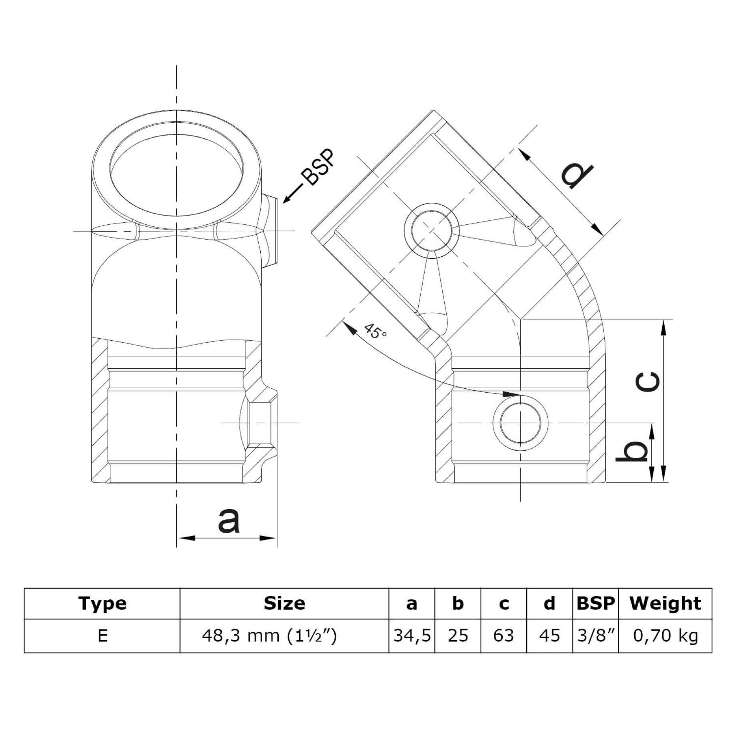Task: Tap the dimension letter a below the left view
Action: pyautogui.click(x=229, y=521)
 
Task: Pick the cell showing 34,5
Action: pyautogui.click(x=412, y=635)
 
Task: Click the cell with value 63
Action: pyautogui.click(x=503, y=635)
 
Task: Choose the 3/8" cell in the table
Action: pyautogui.click(x=595, y=635)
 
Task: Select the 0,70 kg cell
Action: pyautogui.click(x=665, y=635)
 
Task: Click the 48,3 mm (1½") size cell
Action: pyautogui.click(x=269, y=635)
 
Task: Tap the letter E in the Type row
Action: pyautogui.click(x=102, y=635)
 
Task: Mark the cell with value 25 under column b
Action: pyautogui.click(x=457, y=635)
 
